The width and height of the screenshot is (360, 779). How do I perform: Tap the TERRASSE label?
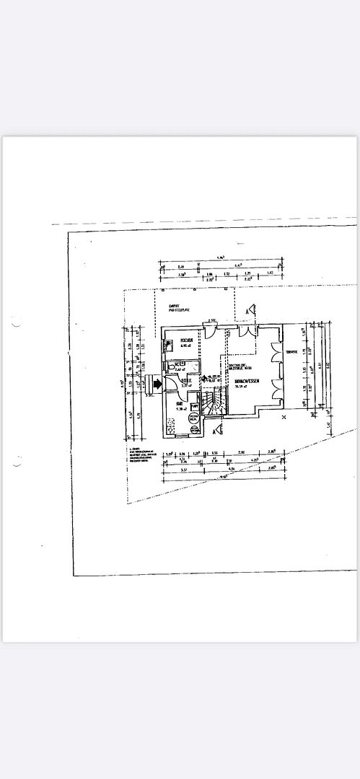pos(292,352)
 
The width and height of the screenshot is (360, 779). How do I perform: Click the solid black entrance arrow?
pos(154,384)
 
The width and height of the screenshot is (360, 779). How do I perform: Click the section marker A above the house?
pos(249,310)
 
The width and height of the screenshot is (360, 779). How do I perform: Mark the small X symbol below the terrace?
pos(284,417)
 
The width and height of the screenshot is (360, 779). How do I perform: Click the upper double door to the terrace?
pos(276,353)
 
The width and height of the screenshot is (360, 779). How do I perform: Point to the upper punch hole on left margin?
pos(14,325)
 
